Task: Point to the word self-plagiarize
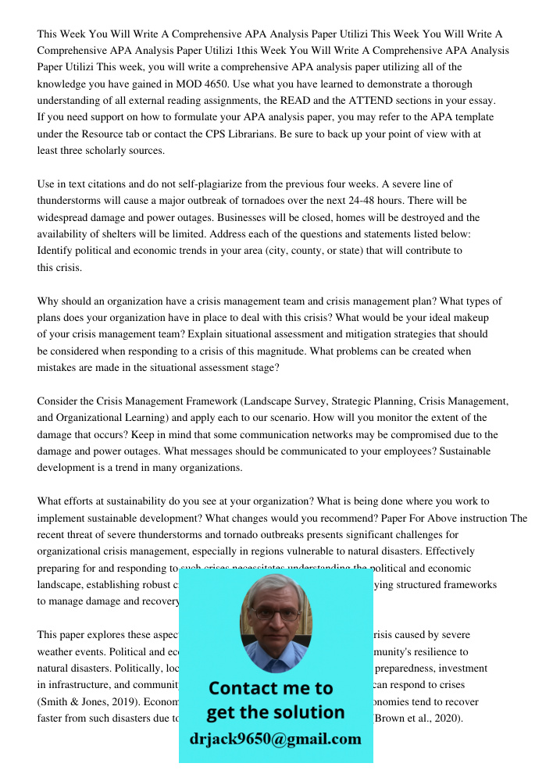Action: pos(205,184)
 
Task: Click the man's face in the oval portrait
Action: pos(275,617)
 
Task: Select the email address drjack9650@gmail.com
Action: pos(275,739)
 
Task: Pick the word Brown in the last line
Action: pos(394,719)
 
